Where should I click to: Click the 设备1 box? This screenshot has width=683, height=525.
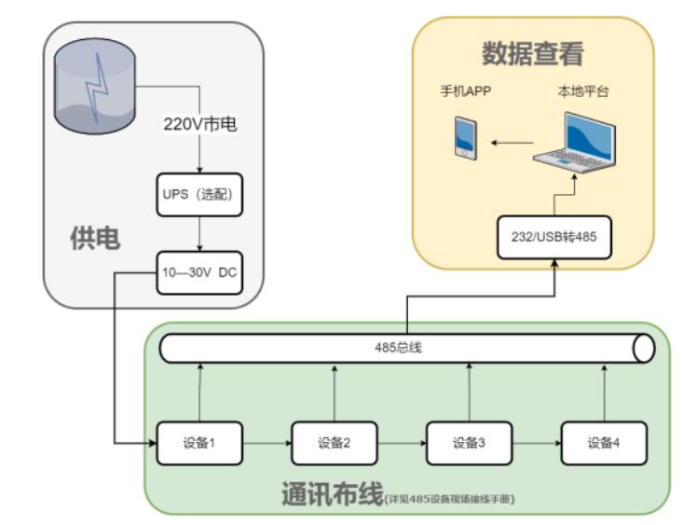click(x=200, y=442)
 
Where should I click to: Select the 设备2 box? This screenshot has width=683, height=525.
click(x=335, y=442)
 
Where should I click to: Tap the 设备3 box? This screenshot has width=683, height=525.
click(x=469, y=442)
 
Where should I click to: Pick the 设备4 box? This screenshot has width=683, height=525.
click(x=603, y=442)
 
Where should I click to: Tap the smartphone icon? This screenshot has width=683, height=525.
click(x=466, y=137)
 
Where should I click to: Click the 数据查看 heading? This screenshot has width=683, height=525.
click(x=532, y=52)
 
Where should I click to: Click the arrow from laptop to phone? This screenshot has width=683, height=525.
click(x=509, y=143)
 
